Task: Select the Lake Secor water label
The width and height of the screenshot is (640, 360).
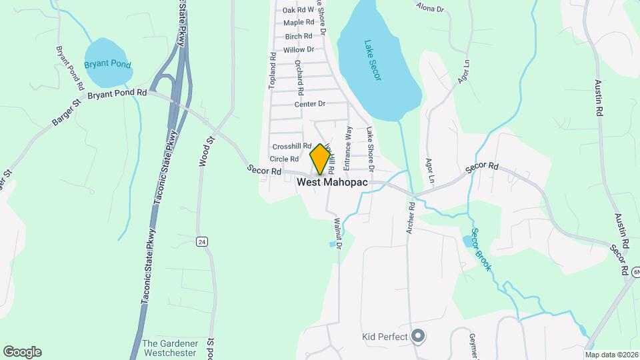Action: tap(373, 61)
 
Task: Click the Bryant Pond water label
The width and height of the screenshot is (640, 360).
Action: tap(107, 65)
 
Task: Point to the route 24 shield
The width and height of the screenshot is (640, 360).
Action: tap(201, 241)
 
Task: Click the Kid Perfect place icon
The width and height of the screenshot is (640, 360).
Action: tap(418, 336)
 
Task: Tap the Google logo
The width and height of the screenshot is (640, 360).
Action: tap(22, 352)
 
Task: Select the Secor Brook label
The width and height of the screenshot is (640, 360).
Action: tap(481, 249)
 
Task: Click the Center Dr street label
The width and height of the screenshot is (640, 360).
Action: tap(309, 104)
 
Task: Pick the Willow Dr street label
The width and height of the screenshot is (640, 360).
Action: tap(298, 50)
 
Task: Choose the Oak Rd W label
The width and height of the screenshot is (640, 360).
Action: tap(298, 10)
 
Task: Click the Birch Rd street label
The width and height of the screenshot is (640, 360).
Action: tap(298, 37)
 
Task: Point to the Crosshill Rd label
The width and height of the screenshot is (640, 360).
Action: tap(292, 146)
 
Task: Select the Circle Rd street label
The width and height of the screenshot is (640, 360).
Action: tap(284, 159)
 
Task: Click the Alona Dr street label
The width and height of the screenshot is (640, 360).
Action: tap(430, 8)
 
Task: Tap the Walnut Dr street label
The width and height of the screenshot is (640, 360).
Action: tap(337, 233)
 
